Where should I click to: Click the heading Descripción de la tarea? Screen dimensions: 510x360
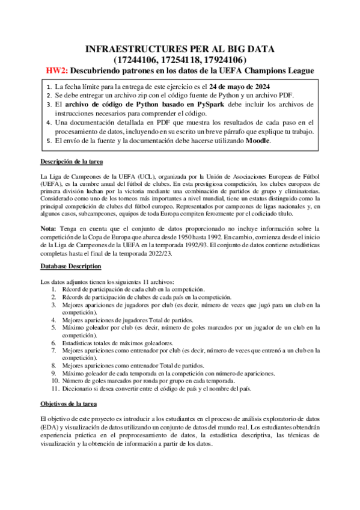coord(72,162)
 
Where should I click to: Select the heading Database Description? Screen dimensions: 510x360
coord(70,266)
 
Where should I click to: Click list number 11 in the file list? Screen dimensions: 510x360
coord(53,389)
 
